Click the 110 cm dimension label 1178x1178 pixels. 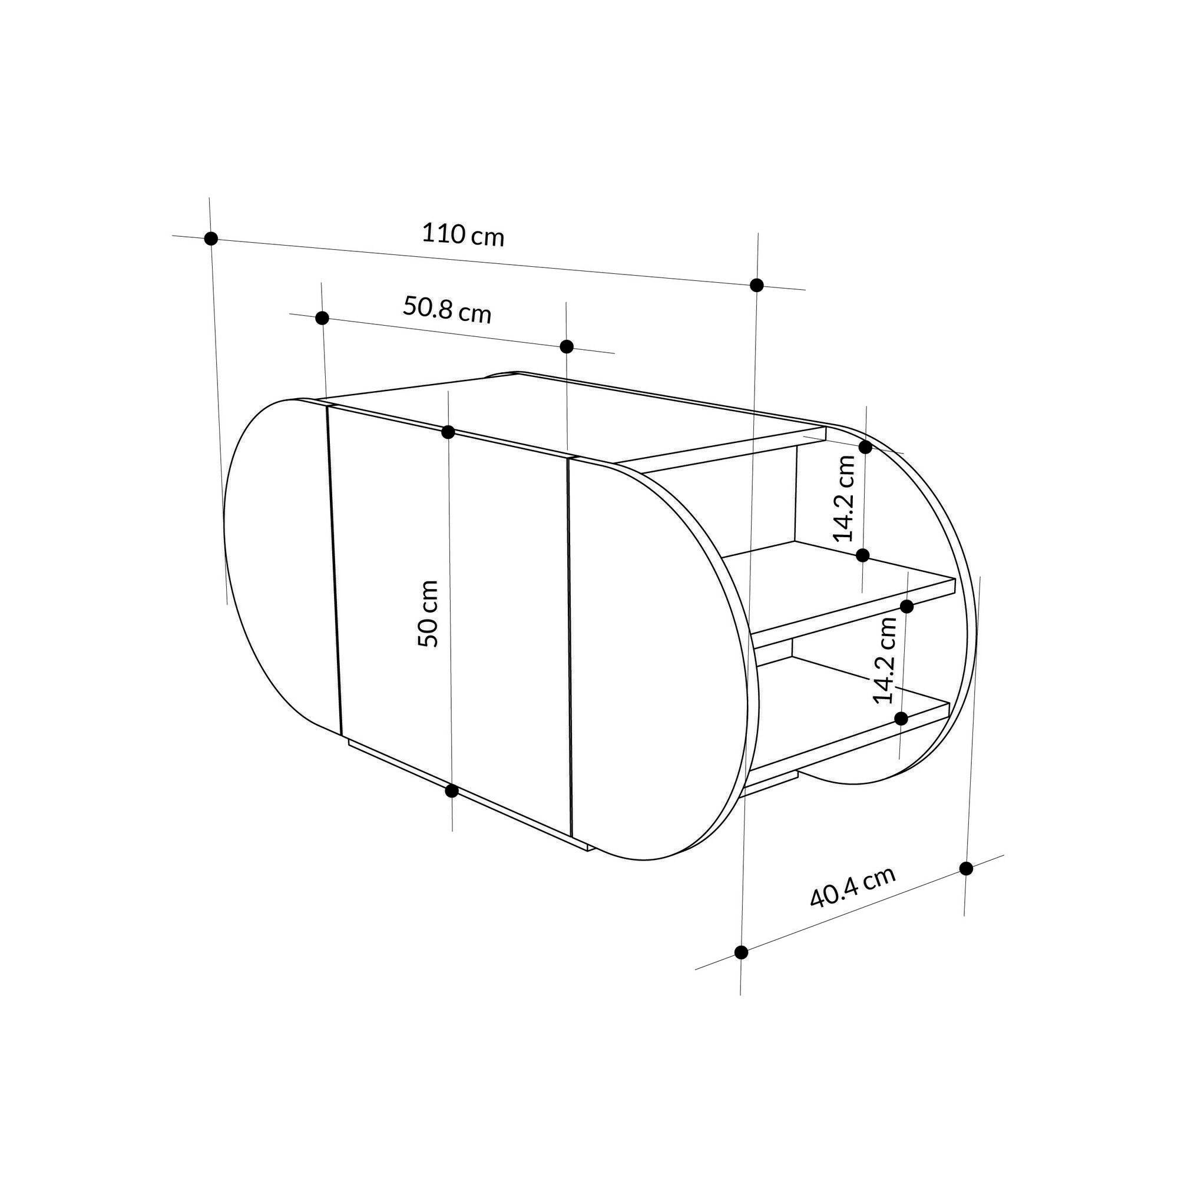click(x=463, y=235)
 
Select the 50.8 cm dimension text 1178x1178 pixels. click(x=446, y=310)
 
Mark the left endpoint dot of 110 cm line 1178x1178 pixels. click(x=211, y=239)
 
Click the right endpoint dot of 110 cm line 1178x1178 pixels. click(x=757, y=284)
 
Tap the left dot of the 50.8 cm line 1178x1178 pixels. click(x=323, y=318)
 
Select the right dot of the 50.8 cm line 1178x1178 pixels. click(x=567, y=347)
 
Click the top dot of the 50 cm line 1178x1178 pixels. click(x=448, y=432)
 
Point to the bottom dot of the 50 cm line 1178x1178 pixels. click(x=452, y=791)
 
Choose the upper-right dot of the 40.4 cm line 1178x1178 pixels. click(x=966, y=869)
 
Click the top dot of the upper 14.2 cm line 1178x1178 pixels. click(x=865, y=447)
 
